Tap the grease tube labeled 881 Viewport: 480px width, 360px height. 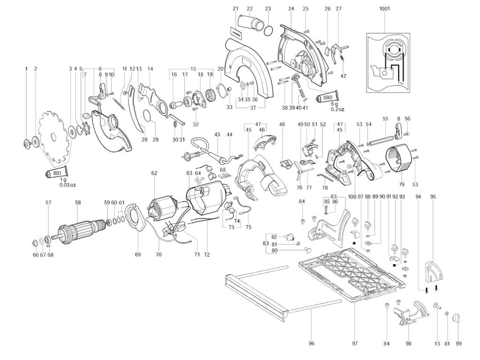click(x=57, y=173)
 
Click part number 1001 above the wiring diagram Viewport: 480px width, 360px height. click(x=385, y=8)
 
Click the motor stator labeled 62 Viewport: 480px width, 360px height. click(x=162, y=208)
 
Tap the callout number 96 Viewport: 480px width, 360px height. click(x=311, y=344)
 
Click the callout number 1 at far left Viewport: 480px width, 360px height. click(x=26, y=69)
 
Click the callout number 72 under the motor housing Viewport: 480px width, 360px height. click(x=207, y=255)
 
